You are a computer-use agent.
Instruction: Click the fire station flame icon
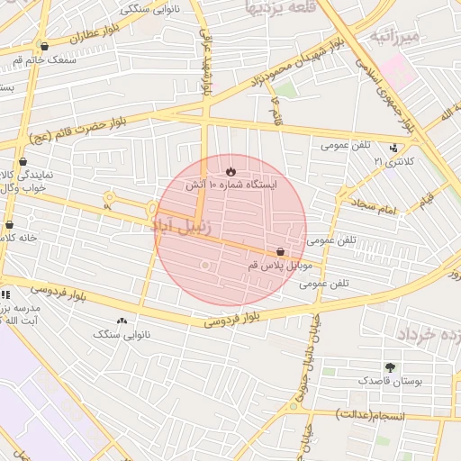click(230, 168)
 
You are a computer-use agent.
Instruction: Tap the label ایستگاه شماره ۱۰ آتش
click(231, 185)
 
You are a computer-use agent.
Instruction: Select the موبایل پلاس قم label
click(279, 267)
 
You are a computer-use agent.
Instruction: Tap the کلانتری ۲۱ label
click(395, 162)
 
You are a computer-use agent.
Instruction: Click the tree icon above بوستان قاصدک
click(390, 367)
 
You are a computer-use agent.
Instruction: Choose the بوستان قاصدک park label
click(389, 382)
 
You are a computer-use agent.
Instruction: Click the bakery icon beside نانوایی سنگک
click(122, 321)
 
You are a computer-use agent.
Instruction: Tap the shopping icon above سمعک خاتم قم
click(44, 46)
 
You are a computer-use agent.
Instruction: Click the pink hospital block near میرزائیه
click(401, 73)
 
